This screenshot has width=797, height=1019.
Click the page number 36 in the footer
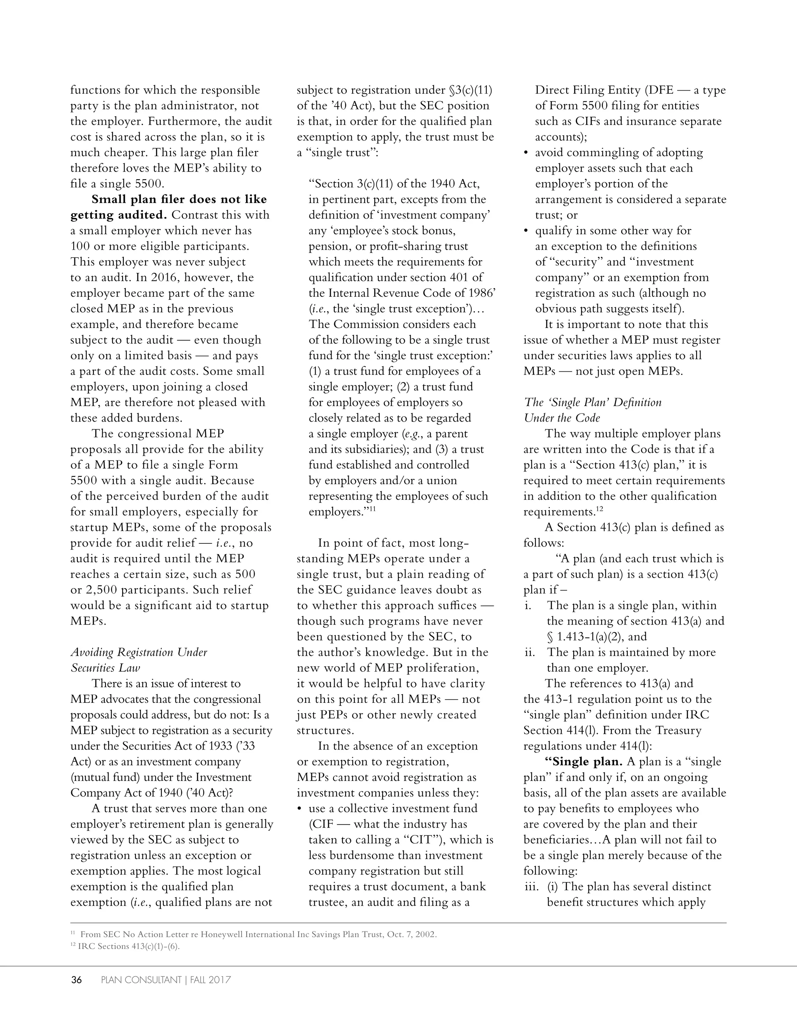tap(76, 980)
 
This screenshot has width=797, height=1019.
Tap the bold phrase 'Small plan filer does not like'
tap(179, 199)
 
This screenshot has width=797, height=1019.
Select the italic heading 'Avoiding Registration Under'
tap(139, 652)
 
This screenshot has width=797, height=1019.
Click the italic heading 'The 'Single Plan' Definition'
tap(593, 402)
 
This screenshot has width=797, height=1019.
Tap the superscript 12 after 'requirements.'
tap(600, 509)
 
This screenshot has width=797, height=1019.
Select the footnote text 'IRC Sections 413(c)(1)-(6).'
tap(128, 946)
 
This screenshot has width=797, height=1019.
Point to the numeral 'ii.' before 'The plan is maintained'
tap(530, 652)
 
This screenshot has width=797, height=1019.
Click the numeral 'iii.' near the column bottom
tap(531, 886)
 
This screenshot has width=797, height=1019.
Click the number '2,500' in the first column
tap(101, 590)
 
